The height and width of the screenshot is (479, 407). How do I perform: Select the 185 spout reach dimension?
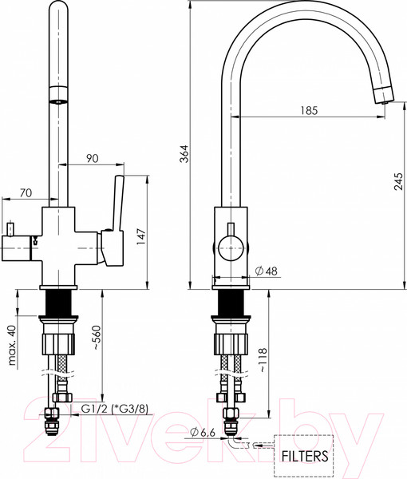pyautogui.click(x=309, y=110)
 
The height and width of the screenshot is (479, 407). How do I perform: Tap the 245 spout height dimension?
pyautogui.click(x=398, y=181)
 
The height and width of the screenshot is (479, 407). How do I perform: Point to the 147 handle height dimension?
pyautogui.click(x=141, y=236)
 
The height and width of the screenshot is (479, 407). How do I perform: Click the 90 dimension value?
pyautogui.click(x=92, y=158)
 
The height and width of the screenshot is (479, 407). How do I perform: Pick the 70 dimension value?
pyautogui.click(x=26, y=192)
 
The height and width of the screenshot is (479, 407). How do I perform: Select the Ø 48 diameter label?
pyautogui.click(x=267, y=271)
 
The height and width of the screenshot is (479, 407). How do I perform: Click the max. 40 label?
pyautogui.click(x=12, y=345)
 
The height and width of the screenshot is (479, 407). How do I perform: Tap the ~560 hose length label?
pyautogui.click(x=97, y=338)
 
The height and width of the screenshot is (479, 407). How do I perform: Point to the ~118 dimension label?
pyautogui.click(x=263, y=360)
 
